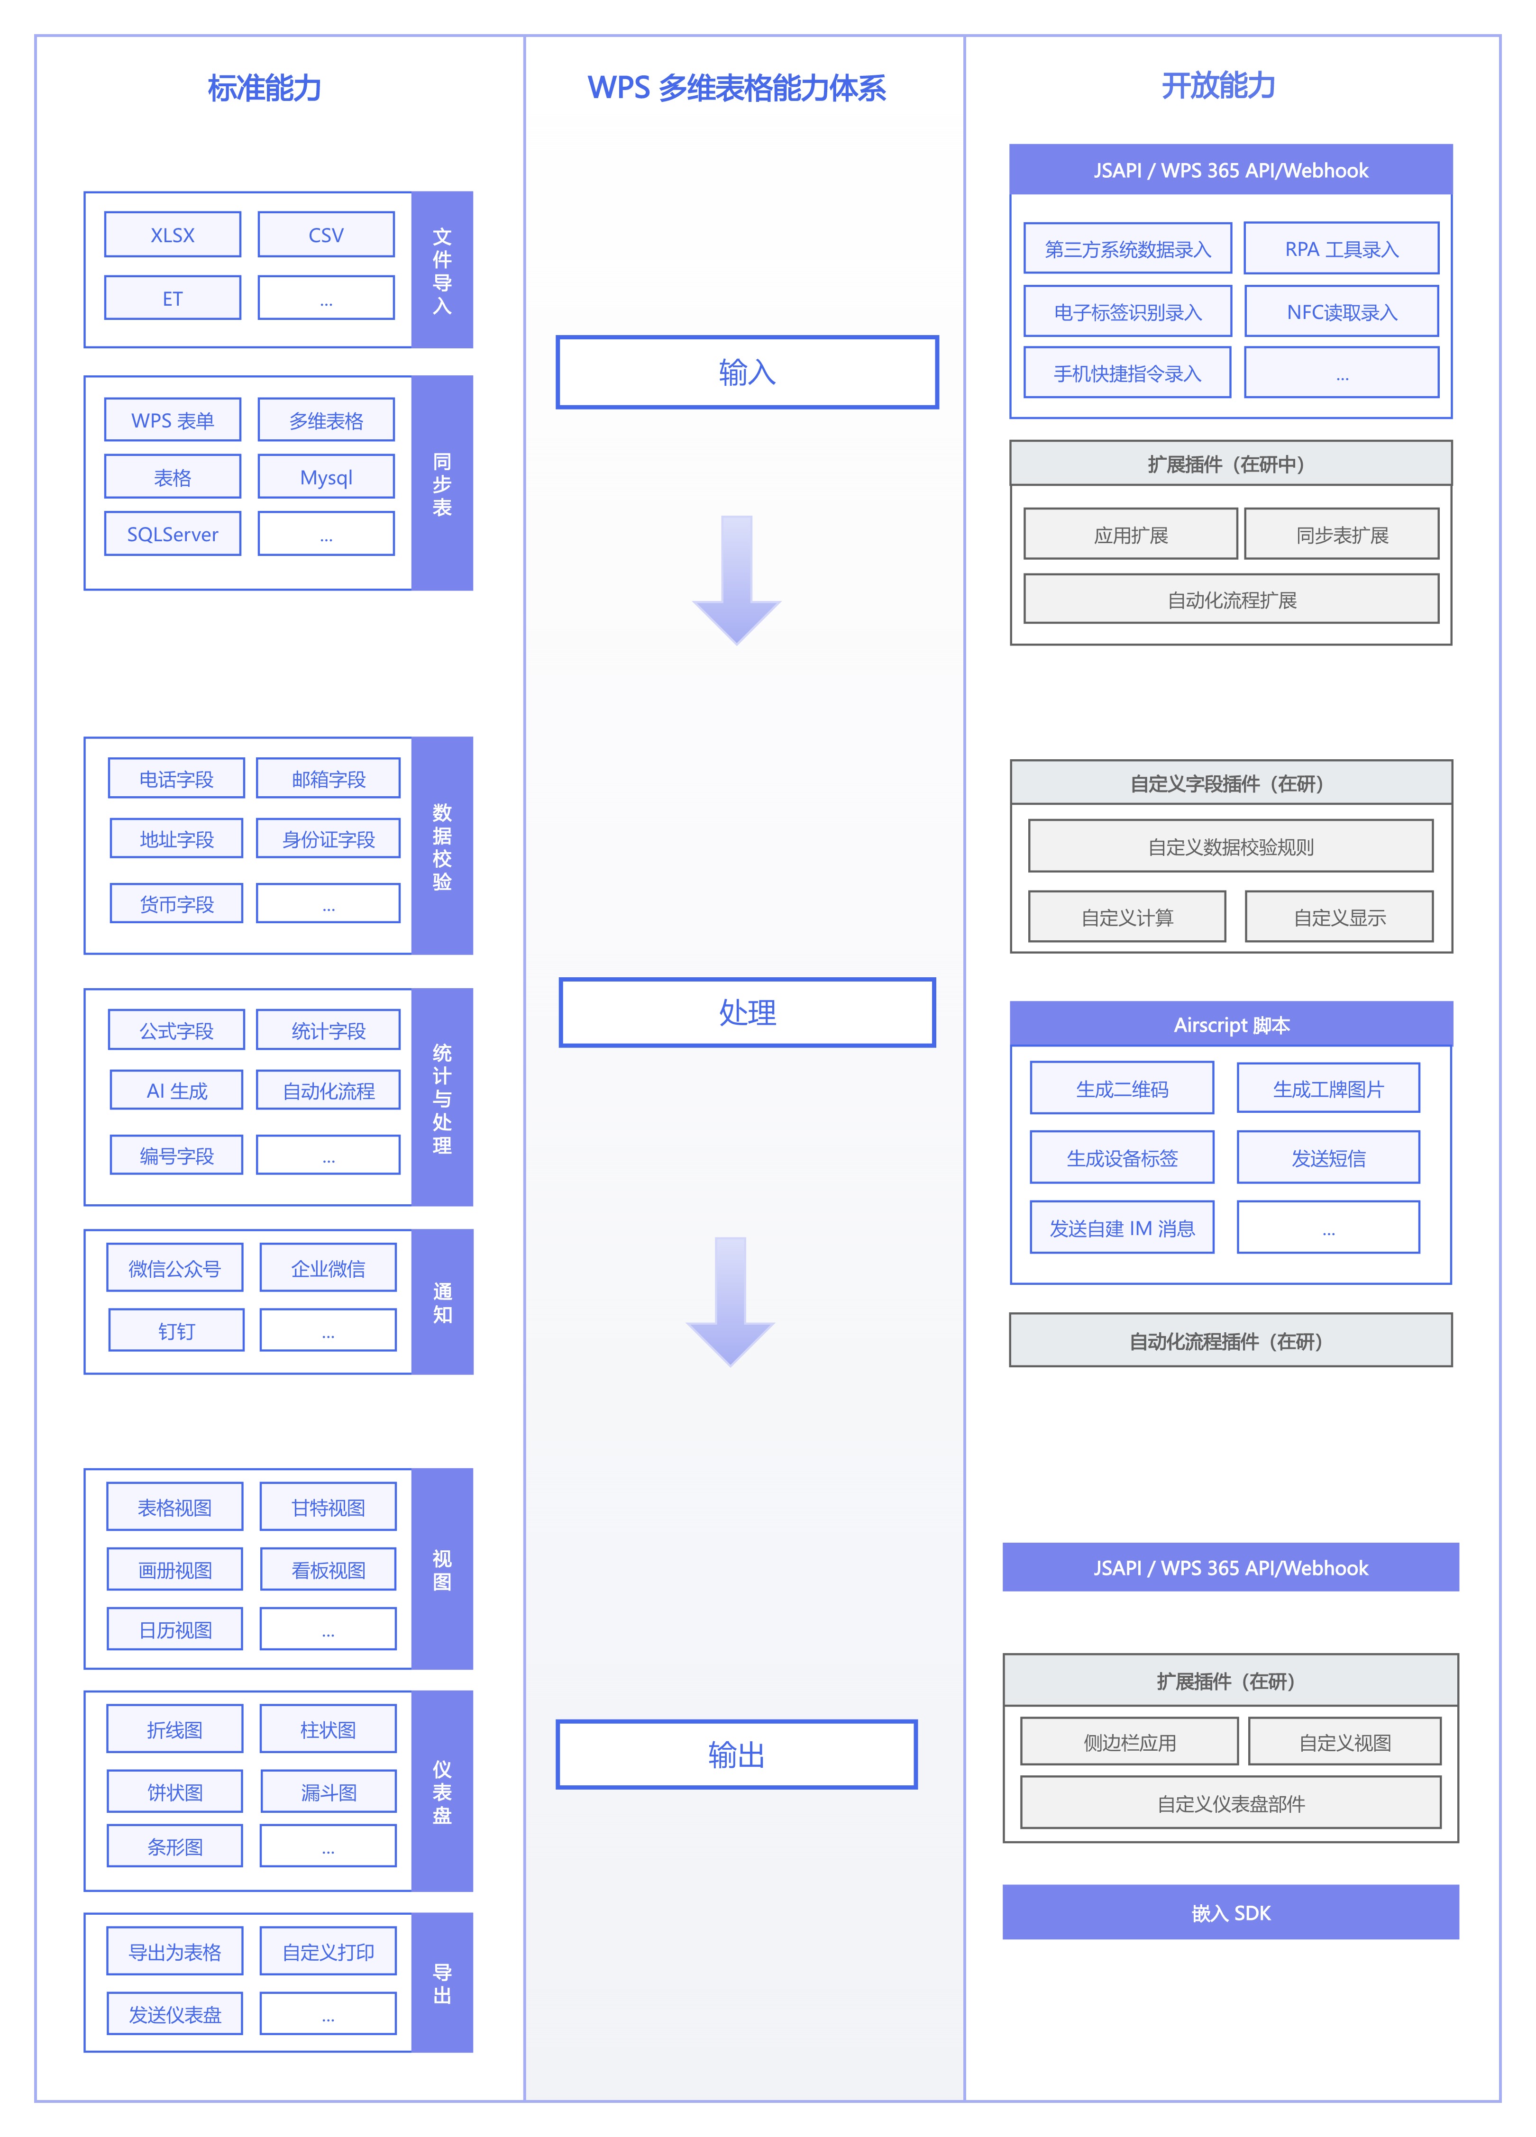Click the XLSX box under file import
pos(173,235)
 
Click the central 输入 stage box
pos(747,372)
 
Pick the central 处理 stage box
pos(747,1012)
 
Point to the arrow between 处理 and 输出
pos(730,1301)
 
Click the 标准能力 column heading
pos(265,88)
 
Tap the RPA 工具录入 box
pos(1342,249)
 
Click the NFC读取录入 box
pos(1342,312)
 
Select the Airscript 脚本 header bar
pos(1232,1024)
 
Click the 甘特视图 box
pos(328,1507)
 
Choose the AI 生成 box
pos(176,1090)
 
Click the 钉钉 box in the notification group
pos(176,1330)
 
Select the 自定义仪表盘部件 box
pos(1231,1802)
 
